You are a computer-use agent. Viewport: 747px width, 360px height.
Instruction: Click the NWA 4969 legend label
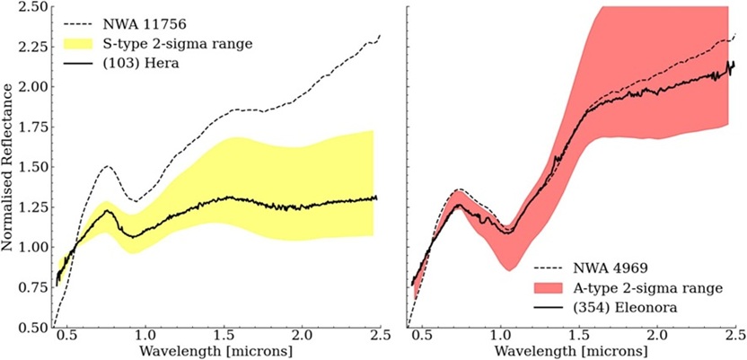(611, 268)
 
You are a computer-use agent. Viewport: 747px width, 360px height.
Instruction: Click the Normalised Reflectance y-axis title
(10, 166)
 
